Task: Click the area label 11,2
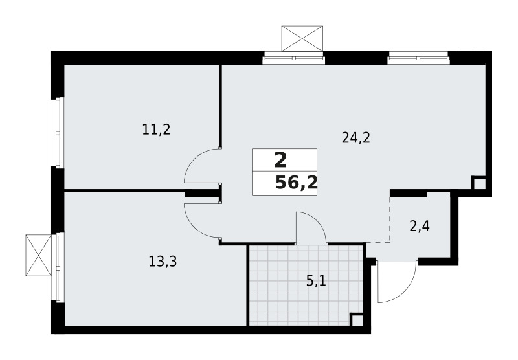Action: pyautogui.click(x=156, y=129)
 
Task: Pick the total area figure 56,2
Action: pyautogui.click(x=296, y=183)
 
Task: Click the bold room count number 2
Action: pyautogui.click(x=280, y=159)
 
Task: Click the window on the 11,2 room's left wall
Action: pyautogui.click(x=58, y=132)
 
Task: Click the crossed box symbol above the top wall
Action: pyautogui.click(x=302, y=38)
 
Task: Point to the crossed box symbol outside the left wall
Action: pyautogui.click(x=38, y=254)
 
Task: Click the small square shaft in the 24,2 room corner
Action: pyautogui.click(x=479, y=183)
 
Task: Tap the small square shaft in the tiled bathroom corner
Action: pyautogui.click(x=356, y=320)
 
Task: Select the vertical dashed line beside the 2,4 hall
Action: pyautogui.click(x=390, y=218)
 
